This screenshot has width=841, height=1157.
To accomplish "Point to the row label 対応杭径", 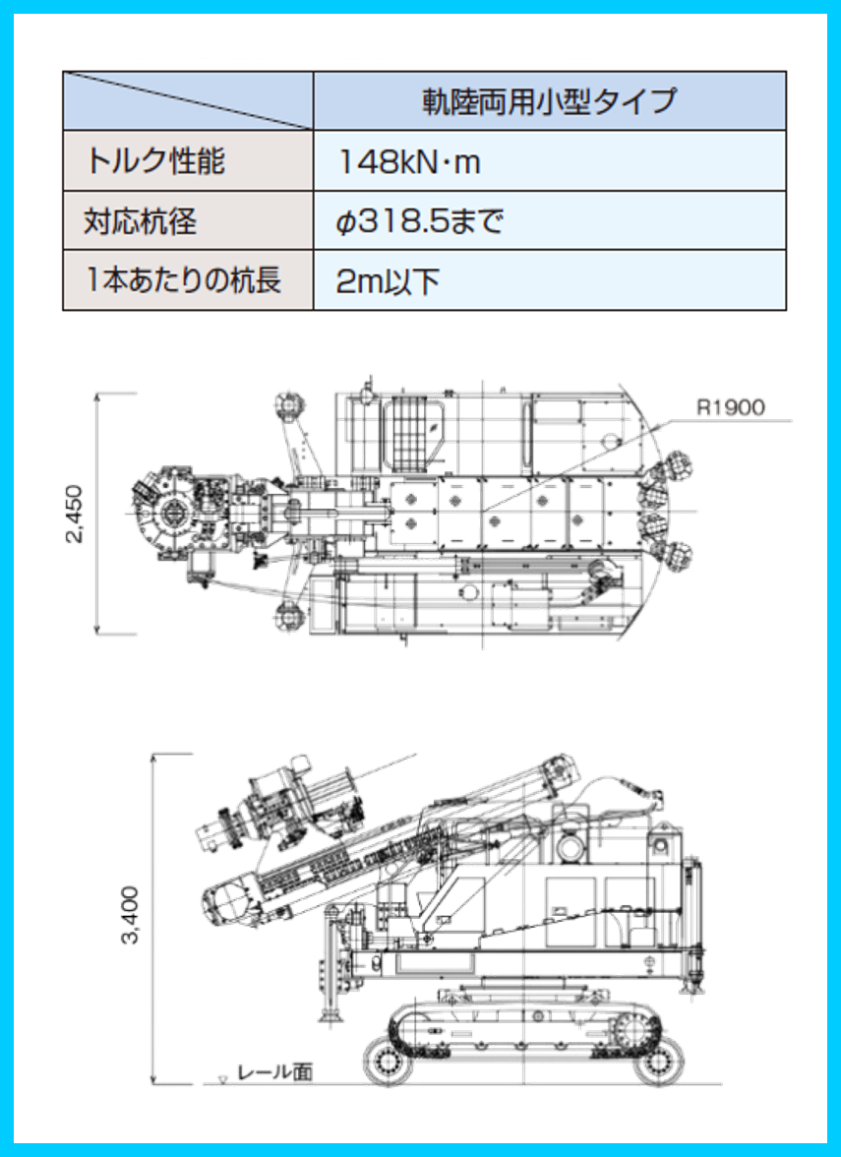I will coord(141,221).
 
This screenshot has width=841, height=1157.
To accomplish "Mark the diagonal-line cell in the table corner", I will coord(188,101).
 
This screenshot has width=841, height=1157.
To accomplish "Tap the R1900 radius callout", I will coord(731,407).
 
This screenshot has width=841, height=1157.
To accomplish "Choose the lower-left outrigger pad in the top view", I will coord(287,619).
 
